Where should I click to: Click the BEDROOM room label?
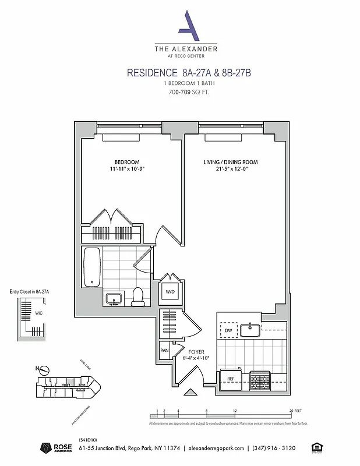[126, 162]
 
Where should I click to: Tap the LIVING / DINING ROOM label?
[230, 162]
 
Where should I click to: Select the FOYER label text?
[196, 352]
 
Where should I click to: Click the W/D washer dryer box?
[171, 291]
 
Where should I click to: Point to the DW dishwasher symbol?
[228, 330]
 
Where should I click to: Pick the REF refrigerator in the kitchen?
[231, 379]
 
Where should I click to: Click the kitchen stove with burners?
[259, 381]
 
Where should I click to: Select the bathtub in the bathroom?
[92, 267]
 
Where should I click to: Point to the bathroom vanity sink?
[114, 299]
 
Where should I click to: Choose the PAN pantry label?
[164, 351]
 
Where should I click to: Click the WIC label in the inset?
[38, 313]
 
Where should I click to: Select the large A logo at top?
[186, 26]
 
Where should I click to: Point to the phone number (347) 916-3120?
[273, 448]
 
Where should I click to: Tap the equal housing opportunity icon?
[316, 447]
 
